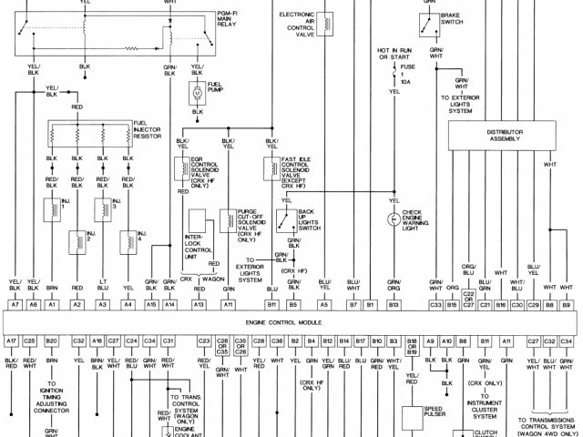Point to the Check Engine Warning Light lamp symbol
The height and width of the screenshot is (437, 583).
394,218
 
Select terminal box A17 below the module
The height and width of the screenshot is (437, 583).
12,340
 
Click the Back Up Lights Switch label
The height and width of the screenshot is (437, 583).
310,218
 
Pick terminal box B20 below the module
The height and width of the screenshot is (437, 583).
52,340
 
